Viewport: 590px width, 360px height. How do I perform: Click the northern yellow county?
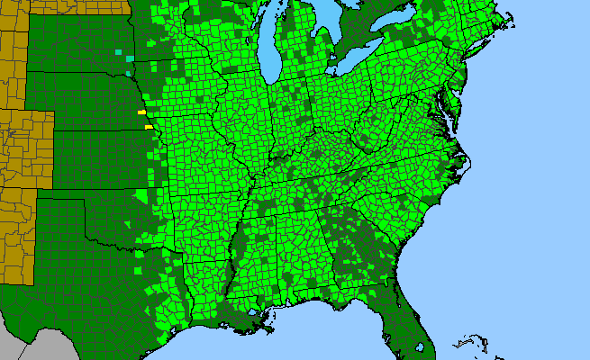(141, 112)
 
